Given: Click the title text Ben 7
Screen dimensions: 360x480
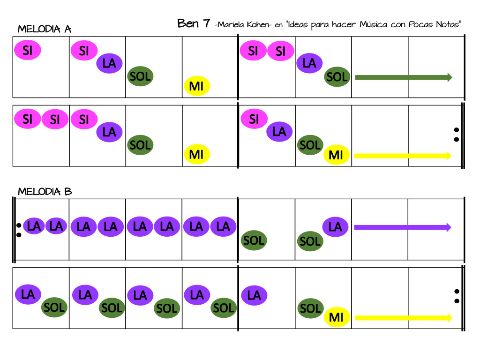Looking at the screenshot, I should pos(193,23).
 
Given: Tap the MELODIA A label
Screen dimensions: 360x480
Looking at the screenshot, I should pos(44,30).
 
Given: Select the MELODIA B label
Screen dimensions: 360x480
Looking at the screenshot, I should pos(45,192).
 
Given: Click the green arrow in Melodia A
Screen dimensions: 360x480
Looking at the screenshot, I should pos(403,77).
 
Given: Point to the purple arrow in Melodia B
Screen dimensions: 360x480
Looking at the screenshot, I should pos(402,227).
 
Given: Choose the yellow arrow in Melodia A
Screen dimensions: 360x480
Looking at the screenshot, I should pos(403,156).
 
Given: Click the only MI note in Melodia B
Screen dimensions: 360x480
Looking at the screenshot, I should pos(337,317).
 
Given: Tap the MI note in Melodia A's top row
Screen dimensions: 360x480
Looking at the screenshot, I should pos(196,86).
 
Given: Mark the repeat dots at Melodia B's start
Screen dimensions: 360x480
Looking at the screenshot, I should pos(19,230).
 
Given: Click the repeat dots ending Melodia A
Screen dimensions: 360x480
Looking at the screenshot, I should pos(456,135).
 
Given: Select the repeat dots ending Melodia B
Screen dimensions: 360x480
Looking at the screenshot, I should pos(456,296).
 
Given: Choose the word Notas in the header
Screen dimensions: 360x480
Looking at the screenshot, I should pos(447,25).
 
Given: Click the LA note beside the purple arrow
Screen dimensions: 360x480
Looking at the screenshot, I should pos(335,227).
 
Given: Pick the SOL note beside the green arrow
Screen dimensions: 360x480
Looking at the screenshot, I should pos(337,77).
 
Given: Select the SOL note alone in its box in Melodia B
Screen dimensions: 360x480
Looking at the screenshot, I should pos(254,240).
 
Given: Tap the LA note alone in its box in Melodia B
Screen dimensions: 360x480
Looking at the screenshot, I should pos(254,295).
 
